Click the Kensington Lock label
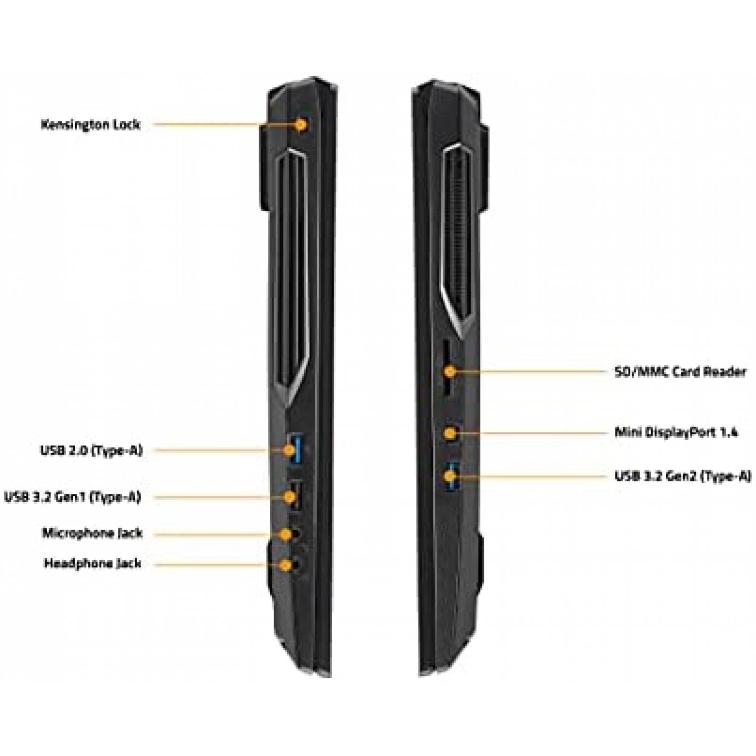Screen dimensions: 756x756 pyautogui.click(x=91, y=125)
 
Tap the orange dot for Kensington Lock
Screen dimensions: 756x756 pyautogui.click(x=301, y=125)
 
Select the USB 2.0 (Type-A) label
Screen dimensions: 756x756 pyautogui.click(x=91, y=450)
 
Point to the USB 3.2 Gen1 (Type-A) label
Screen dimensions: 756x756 pyautogui.click(x=72, y=497)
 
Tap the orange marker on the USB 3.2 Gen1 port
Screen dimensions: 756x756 pyautogui.click(x=289, y=497)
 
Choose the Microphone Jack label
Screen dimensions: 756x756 pyautogui.click(x=92, y=533)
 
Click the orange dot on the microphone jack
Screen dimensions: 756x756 pyautogui.click(x=285, y=534)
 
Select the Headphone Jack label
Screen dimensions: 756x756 pyautogui.click(x=93, y=564)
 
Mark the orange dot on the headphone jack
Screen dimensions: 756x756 pyautogui.click(x=285, y=565)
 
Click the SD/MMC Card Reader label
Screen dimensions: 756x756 pyautogui.click(x=680, y=372)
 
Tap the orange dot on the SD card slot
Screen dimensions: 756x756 pyautogui.click(x=451, y=371)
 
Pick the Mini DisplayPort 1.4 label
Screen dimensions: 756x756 pyautogui.click(x=676, y=432)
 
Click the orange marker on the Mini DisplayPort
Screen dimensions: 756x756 pyautogui.click(x=451, y=432)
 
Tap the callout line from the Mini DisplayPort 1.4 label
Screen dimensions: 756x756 pyautogui.click(x=532, y=432)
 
